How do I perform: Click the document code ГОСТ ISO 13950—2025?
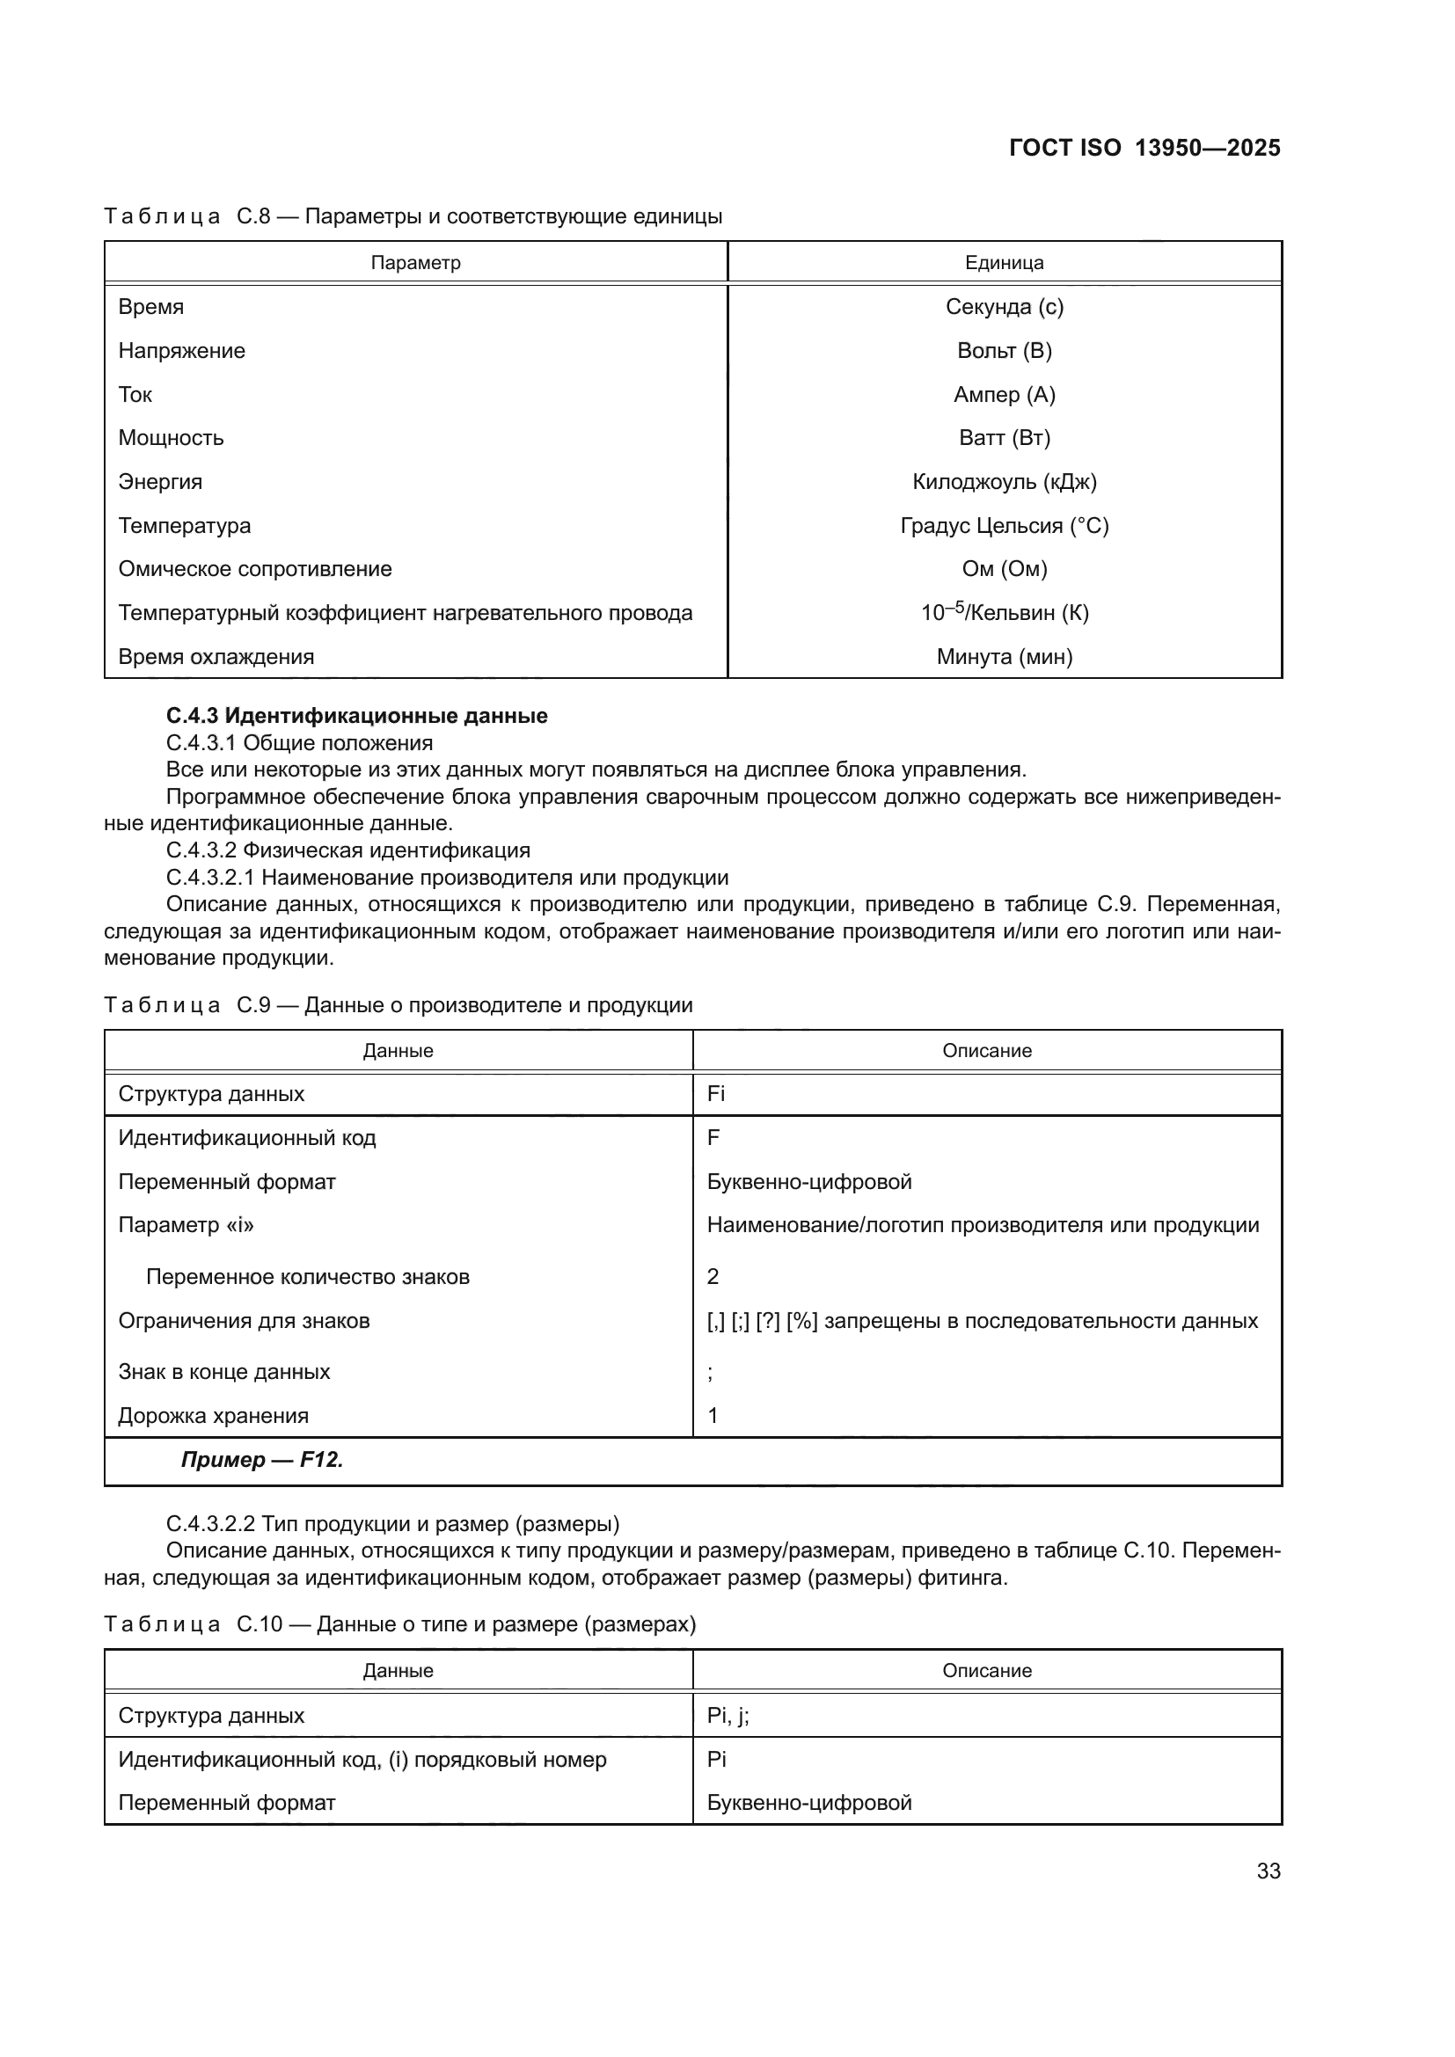click(1144, 148)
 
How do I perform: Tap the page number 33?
click(1268, 1871)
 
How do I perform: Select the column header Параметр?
click(416, 262)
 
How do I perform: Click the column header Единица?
click(1004, 262)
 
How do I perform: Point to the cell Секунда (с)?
click(1004, 306)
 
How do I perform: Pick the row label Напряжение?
click(182, 350)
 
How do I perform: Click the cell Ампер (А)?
click(1004, 394)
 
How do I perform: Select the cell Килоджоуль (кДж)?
click(1004, 482)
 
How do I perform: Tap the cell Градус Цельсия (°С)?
click(1004, 526)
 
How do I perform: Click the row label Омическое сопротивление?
click(255, 569)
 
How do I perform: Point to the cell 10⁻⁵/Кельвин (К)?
click(1004, 613)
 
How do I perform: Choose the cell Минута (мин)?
click(1004, 657)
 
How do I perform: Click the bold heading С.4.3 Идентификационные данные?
click(356, 716)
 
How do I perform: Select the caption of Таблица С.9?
click(398, 1004)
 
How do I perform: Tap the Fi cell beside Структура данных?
click(716, 1094)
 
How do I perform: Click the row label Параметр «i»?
click(186, 1225)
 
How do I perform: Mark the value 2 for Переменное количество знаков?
click(713, 1277)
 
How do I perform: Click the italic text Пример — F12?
click(262, 1460)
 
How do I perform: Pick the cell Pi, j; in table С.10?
click(727, 1716)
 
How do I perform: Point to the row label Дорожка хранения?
click(213, 1416)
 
